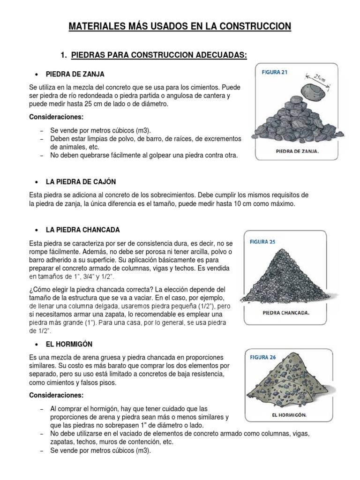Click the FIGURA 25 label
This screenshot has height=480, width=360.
pyautogui.click(x=263, y=242)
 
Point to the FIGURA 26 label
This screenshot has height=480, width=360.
pyautogui.click(x=263, y=358)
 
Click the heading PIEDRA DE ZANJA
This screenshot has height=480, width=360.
pyautogui.click(x=75, y=74)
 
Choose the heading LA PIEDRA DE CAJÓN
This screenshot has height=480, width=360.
pyautogui.click(x=81, y=181)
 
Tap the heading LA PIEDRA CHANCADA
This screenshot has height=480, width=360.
pyautogui.click(x=83, y=230)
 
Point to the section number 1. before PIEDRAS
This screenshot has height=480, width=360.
pyautogui.click(x=64, y=56)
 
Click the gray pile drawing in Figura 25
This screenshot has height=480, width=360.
pyautogui.click(x=283, y=277)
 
